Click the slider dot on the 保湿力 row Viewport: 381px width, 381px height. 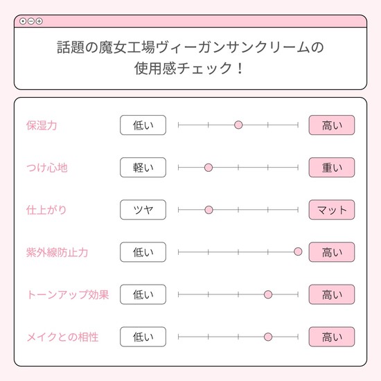(238, 125)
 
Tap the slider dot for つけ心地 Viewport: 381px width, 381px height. (209, 168)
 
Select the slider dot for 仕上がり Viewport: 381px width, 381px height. (209, 210)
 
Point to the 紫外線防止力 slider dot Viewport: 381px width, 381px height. (298, 251)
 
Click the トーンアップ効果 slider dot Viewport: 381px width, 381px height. (268, 294)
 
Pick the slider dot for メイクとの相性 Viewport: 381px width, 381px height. (268, 337)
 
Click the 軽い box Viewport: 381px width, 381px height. (143, 168)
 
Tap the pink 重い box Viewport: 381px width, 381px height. (332, 168)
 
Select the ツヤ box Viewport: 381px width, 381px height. (143, 210)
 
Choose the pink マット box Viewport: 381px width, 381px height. (332, 210)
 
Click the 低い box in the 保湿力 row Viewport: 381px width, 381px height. (143, 125)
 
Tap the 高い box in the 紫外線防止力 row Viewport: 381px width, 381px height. (332, 252)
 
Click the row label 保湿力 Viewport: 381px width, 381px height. (42, 125)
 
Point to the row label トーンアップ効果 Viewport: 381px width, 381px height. (68, 294)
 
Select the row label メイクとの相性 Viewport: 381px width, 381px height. (62, 337)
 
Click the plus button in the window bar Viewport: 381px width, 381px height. (39, 21)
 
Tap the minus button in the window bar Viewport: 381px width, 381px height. (31, 21)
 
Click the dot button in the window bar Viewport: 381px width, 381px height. (23, 21)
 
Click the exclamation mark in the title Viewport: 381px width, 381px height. (240, 69)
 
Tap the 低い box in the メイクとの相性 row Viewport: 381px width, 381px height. (143, 337)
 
